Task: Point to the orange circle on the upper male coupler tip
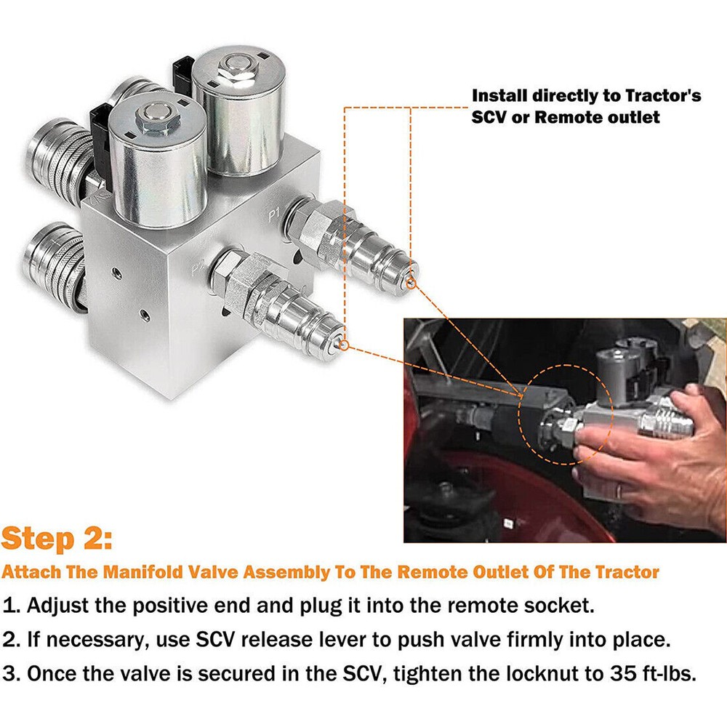tap(411, 282)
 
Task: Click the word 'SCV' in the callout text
tap(494, 116)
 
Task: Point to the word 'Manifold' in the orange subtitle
tap(136, 571)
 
